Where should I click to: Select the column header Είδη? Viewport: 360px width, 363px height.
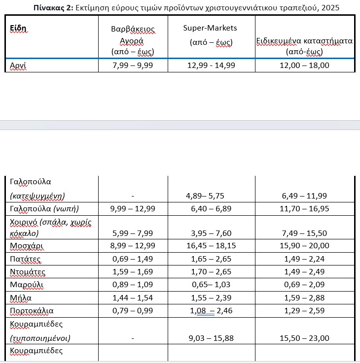[18, 27]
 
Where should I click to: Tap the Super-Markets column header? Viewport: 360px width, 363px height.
[212, 28]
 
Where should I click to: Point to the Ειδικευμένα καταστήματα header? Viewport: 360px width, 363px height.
[304, 41]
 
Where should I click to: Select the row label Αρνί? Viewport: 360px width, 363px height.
[18, 65]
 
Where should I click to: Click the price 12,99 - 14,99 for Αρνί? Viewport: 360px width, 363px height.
[211, 65]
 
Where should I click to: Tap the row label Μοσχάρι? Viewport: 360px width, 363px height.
[25, 245]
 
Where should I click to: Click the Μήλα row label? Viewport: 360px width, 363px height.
[21, 297]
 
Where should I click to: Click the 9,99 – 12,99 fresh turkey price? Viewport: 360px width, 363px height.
[133, 209]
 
